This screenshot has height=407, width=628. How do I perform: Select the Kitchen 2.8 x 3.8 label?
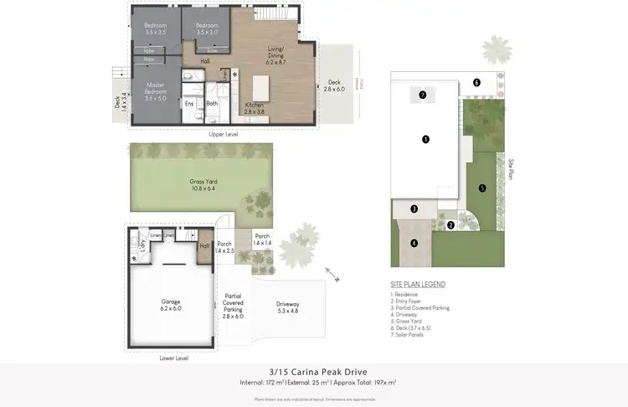click(254, 108)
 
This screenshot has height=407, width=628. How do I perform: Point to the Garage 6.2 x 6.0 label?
click(171, 305)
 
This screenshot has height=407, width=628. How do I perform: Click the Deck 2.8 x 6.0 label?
click(336, 85)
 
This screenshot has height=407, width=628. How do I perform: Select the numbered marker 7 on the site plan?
click(423, 95)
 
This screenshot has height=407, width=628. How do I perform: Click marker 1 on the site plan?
click(426, 139)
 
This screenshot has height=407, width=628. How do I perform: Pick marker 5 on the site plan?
click(482, 188)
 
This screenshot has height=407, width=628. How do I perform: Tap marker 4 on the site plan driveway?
click(413, 244)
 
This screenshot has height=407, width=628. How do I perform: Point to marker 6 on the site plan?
click(476, 82)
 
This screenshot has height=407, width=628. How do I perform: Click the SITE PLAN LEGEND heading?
click(418, 285)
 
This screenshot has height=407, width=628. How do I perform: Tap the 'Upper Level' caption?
click(224, 133)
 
